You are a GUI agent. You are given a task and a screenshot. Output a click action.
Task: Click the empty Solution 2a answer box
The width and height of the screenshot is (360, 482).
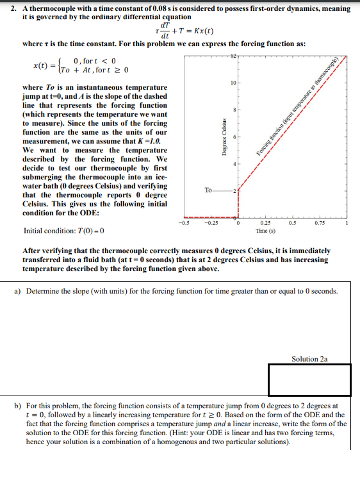point(309,380)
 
